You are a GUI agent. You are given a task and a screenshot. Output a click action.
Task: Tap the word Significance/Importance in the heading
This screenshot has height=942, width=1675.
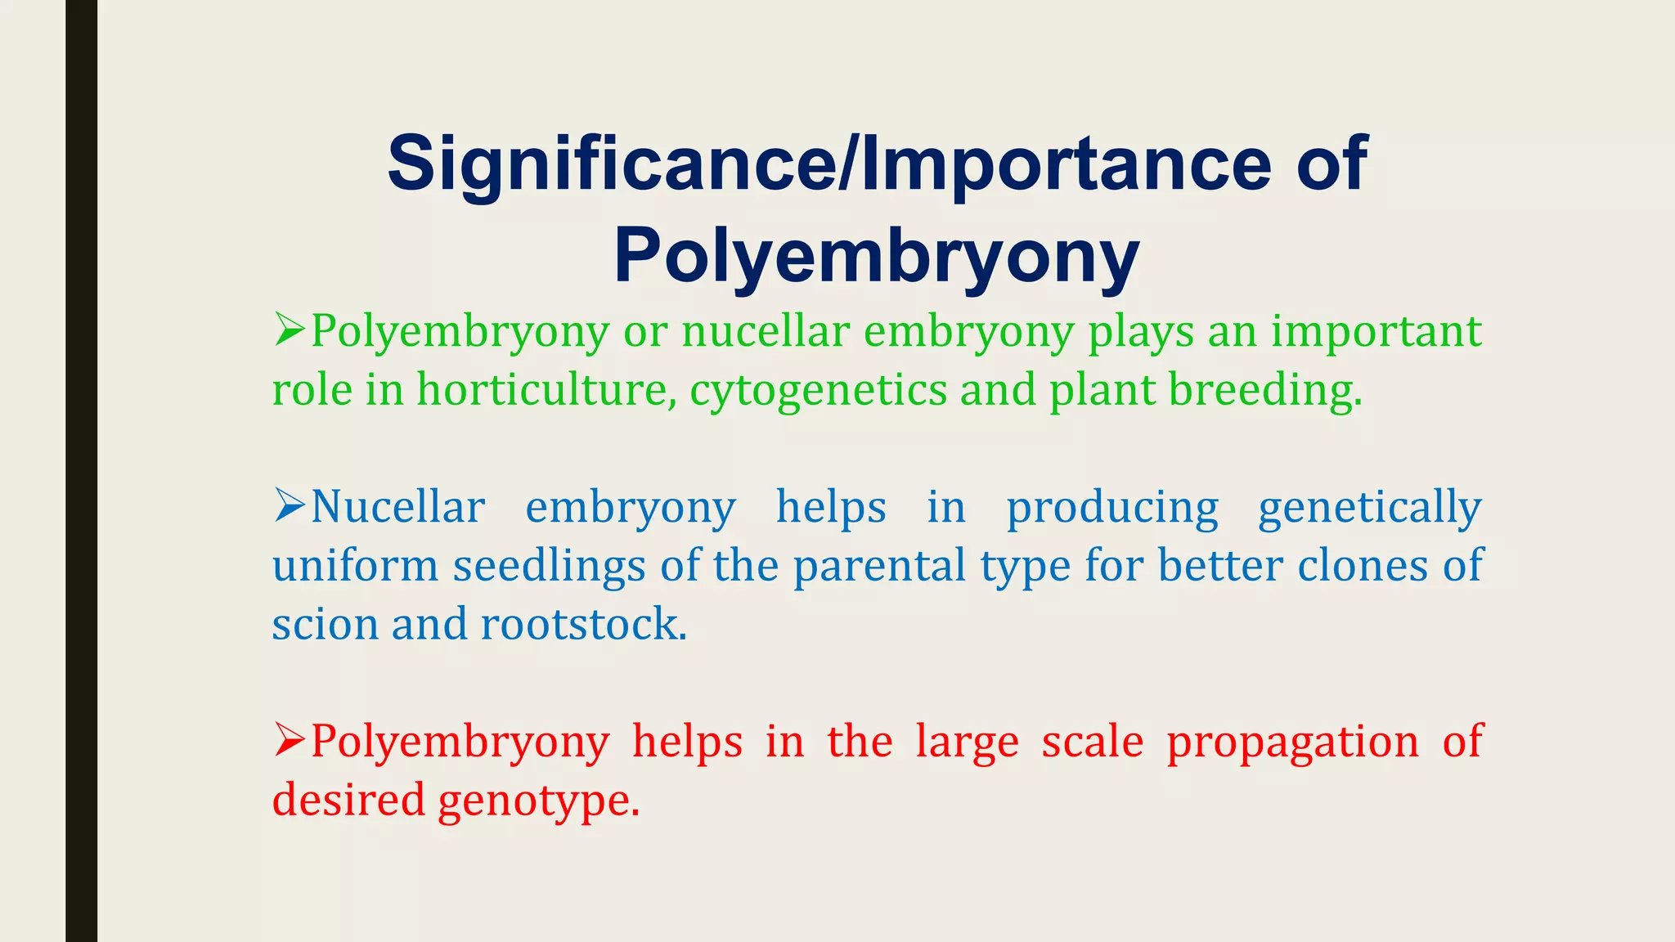tap(829, 164)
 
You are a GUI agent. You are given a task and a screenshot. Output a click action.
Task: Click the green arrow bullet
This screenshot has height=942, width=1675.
tap(290, 330)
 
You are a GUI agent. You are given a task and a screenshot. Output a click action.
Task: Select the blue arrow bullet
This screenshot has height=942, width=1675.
tap(290, 505)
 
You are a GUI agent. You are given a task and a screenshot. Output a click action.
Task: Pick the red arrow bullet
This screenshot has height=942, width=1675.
tap(290, 740)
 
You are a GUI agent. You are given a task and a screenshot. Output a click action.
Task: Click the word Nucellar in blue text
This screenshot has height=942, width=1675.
tap(398, 507)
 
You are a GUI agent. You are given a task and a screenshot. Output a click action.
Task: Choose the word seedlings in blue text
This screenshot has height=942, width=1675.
tap(550, 566)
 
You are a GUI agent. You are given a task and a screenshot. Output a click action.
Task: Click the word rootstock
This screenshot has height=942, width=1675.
tap(583, 625)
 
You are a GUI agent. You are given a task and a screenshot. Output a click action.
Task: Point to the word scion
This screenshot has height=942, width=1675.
tap(324, 625)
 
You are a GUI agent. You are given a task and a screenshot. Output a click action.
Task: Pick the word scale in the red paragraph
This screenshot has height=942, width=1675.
tap(1092, 742)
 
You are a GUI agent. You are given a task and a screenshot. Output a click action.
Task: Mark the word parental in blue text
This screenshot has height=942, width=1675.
tap(880, 566)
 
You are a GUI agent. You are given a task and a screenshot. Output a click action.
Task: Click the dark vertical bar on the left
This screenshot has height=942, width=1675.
tap(81, 471)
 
